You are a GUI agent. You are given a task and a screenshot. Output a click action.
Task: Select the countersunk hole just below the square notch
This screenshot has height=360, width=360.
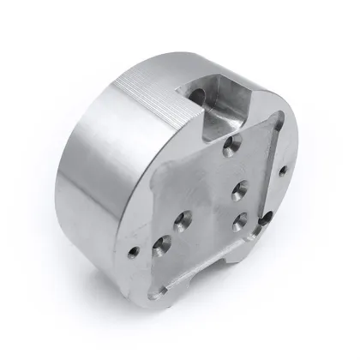(x=229, y=150)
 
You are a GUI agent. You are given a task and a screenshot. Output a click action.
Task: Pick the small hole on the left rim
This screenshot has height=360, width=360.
(x=133, y=252)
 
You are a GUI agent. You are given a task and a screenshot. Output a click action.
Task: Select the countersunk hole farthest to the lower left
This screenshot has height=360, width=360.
(x=160, y=251)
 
